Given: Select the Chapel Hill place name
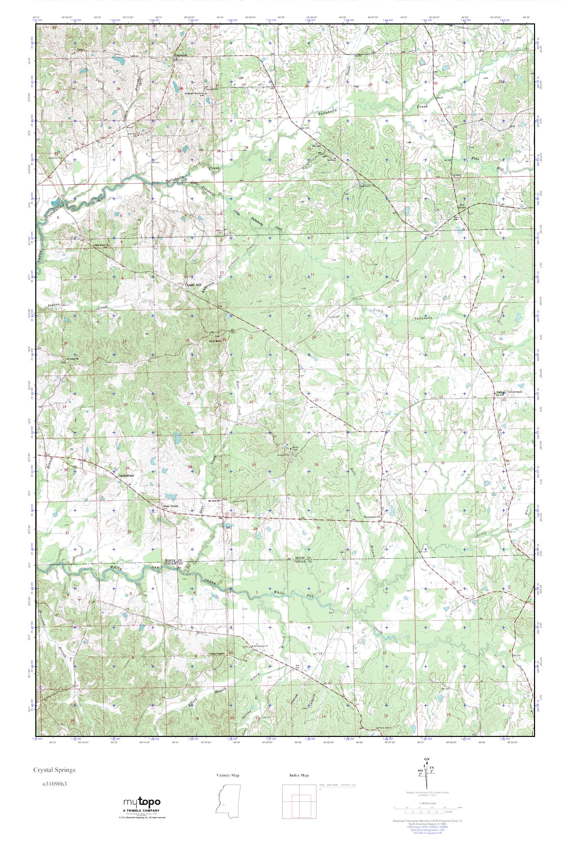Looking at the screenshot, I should [193, 285].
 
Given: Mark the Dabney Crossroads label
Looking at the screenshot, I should [509, 392].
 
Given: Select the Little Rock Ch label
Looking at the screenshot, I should [101, 245].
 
